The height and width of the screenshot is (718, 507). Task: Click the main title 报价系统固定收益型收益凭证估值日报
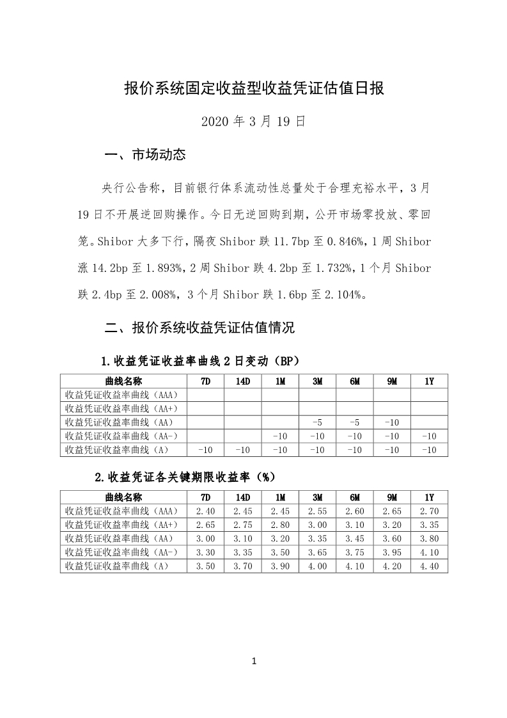254,88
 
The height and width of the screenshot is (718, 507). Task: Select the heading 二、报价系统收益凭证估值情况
199,328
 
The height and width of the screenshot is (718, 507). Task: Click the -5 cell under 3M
317,422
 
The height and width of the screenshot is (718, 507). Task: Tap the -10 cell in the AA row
392,422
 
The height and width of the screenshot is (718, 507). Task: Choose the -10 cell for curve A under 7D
206,450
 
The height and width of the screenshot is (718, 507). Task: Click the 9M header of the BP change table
392,381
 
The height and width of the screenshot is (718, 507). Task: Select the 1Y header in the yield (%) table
429,497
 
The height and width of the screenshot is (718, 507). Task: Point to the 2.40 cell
206,511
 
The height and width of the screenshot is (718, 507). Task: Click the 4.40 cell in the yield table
429,566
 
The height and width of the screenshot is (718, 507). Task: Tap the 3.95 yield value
392,552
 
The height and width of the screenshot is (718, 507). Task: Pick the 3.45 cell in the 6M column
355,539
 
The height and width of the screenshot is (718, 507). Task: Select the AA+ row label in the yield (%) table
121,525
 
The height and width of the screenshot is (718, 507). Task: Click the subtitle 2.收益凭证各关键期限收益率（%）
184,477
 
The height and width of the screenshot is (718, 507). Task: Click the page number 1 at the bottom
254,661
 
